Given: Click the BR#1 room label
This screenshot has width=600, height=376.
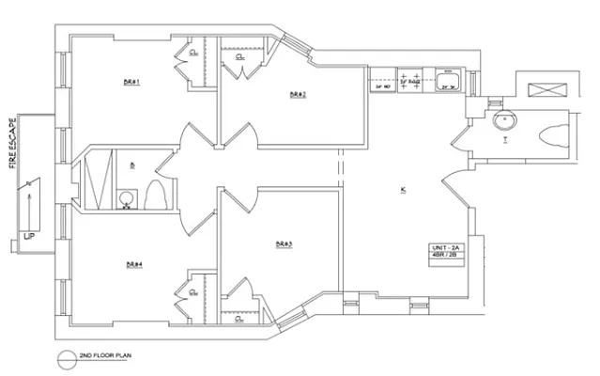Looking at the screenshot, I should coord(131,82).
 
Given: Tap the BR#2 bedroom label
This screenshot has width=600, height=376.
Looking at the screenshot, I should coord(298,95).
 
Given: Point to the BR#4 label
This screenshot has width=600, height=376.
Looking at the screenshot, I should coord(133,264).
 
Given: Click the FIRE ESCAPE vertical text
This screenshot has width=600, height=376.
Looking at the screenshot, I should coord(12,143).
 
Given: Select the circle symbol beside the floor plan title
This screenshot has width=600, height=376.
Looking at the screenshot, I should coord(65,357).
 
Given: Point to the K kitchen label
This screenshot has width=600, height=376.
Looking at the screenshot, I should coord(402,191).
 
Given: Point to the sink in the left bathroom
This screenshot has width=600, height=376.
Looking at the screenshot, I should coord(126,197).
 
